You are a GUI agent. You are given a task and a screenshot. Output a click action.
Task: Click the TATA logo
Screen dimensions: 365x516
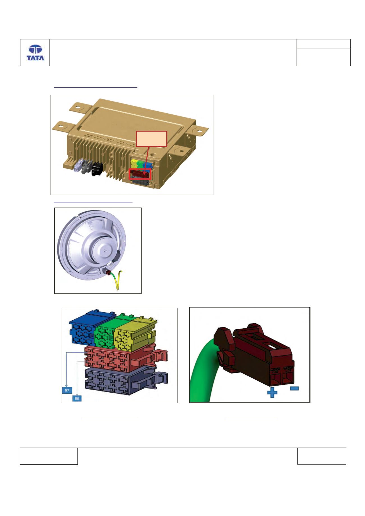point(35,53)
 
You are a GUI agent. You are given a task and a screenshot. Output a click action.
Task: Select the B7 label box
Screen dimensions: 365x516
point(66,390)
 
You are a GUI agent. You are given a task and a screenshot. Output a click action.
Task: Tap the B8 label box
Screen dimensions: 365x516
point(77,398)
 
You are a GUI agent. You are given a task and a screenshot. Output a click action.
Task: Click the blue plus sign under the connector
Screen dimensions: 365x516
point(272,393)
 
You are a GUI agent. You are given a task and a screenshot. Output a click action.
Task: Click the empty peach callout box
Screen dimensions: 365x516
point(151,139)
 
